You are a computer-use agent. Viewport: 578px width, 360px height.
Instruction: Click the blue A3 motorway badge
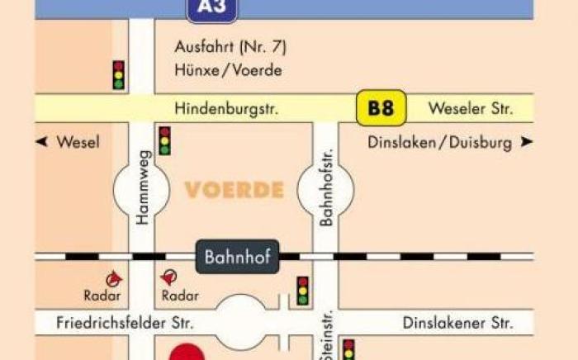tap(212, 10)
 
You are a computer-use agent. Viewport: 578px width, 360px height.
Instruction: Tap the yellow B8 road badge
tap(381, 108)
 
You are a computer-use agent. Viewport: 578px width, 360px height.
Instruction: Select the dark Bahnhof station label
tap(238, 256)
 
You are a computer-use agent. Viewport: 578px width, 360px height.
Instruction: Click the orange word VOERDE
tap(235, 191)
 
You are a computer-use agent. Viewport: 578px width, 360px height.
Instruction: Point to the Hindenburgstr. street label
tap(227, 108)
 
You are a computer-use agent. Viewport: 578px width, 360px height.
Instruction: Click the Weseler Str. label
tap(471, 108)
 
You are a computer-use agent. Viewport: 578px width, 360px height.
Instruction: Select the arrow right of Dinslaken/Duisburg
tap(526, 142)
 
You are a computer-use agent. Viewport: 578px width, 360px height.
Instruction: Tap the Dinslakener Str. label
tap(457, 322)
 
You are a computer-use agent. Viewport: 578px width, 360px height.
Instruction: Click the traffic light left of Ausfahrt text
tap(119, 74)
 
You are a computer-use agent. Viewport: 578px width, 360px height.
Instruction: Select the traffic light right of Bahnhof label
tap(303, 291)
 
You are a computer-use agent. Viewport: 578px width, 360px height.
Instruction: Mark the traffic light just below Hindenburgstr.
tap(165, 140)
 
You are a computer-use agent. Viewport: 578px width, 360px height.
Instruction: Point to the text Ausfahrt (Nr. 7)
tap(230, 46)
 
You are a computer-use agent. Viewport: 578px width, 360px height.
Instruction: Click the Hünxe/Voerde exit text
tap(229, 70)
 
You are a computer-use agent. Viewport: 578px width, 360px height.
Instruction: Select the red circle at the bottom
tap(187, 353)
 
